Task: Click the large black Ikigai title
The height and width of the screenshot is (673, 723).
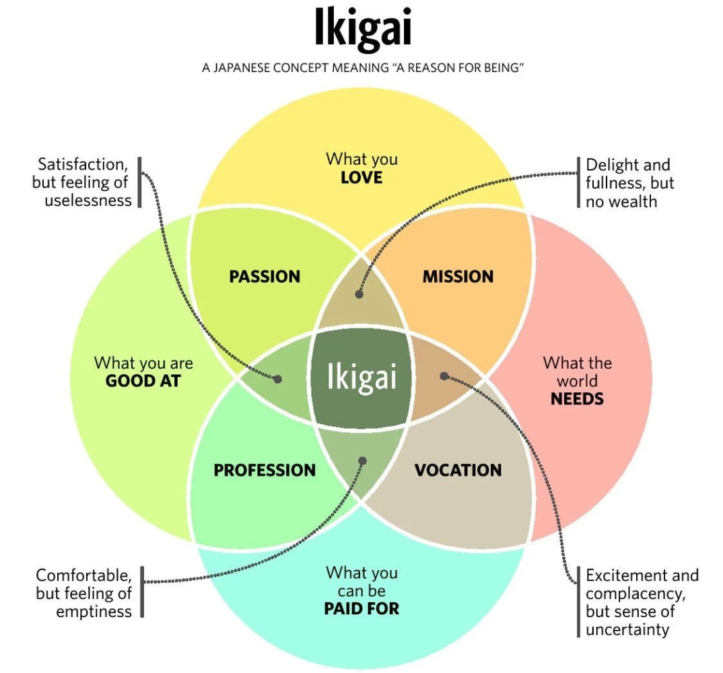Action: point(362,28)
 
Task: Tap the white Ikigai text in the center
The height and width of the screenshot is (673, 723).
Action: point(361,377)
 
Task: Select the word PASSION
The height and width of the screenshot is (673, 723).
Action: point(265,277)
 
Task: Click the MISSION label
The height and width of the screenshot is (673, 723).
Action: point(458,277)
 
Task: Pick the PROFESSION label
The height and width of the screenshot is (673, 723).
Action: point(265,470)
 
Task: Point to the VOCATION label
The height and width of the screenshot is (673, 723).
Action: point(458,470)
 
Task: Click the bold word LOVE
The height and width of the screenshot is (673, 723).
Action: point(361,178)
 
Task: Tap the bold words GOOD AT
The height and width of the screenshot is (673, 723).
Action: point(143,381)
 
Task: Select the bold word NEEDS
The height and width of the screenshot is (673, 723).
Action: point(578,398)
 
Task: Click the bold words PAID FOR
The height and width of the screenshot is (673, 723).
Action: point(361,608)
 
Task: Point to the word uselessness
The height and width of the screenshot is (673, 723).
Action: point(88,201)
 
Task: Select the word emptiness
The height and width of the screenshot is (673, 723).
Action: point(94,612)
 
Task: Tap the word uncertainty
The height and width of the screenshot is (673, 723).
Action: point(627,629)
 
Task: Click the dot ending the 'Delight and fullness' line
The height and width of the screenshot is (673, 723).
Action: point(359,294)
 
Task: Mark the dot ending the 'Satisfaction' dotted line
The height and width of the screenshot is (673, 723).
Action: point(277,379)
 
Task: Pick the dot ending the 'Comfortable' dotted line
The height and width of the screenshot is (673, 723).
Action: point(362,460)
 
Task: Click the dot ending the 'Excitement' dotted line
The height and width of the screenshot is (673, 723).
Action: point(444,376)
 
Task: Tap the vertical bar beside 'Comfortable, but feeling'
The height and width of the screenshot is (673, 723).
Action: point(142,592)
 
